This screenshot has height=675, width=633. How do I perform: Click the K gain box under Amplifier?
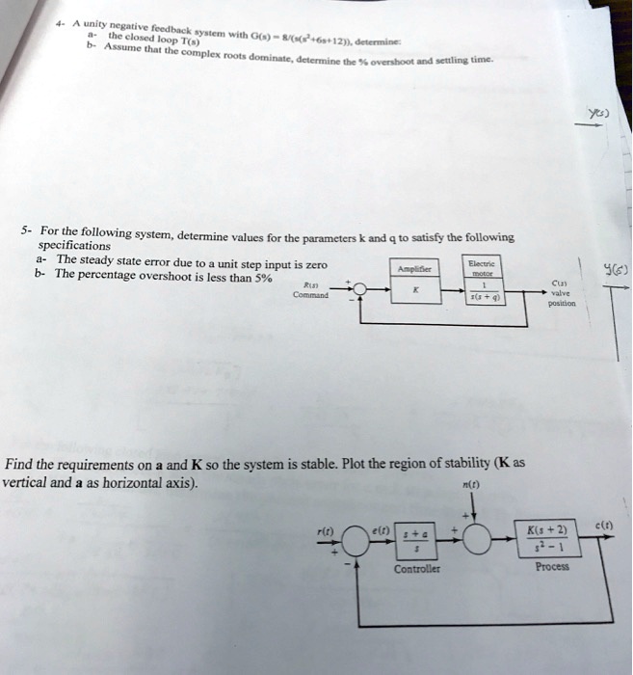click(x=412, y=289)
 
